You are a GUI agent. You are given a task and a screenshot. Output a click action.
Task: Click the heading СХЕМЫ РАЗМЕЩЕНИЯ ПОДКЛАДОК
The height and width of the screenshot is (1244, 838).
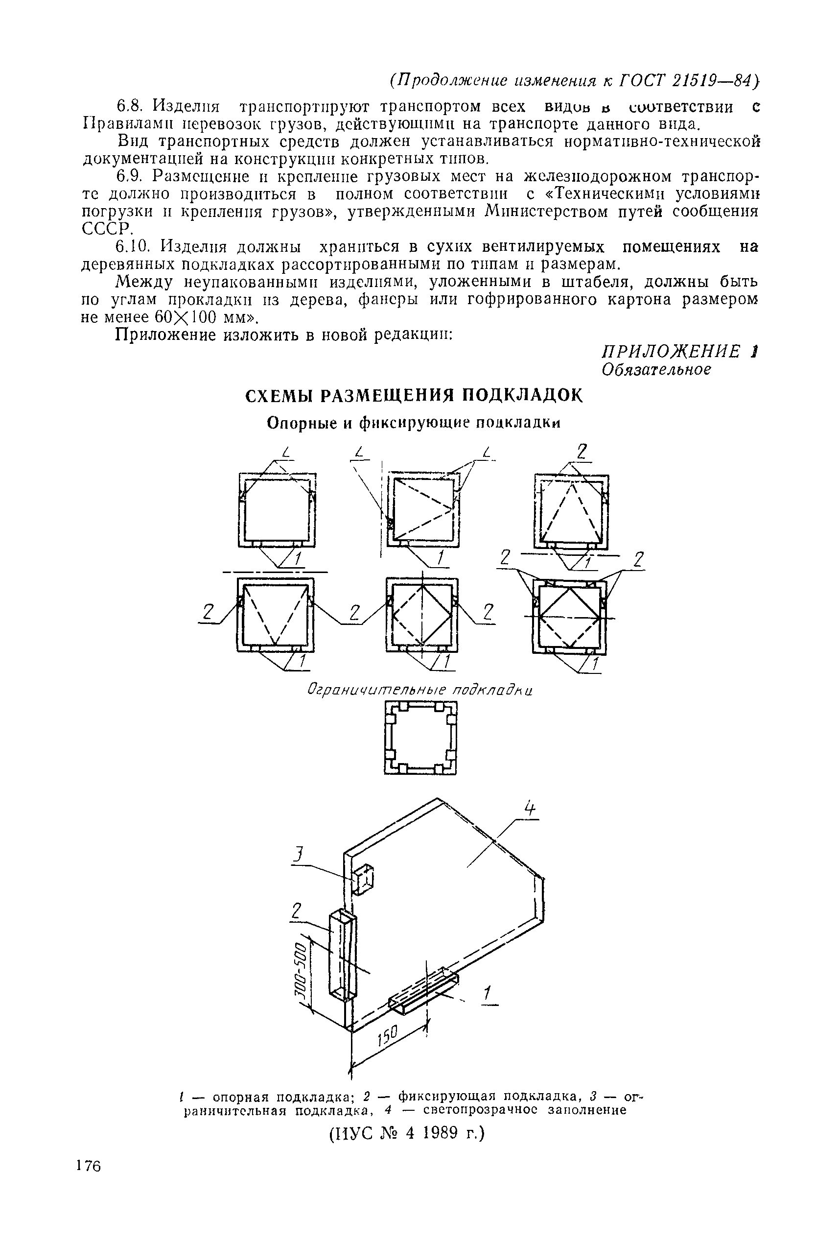click(412, 396)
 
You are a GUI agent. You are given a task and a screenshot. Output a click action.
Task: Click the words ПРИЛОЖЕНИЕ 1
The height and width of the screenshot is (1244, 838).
click(680, 351)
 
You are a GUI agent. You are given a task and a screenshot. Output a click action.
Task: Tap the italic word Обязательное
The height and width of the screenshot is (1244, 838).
click(656, 369)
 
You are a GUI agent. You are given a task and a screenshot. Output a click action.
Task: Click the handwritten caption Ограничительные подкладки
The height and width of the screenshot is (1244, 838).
click(420, 690)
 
